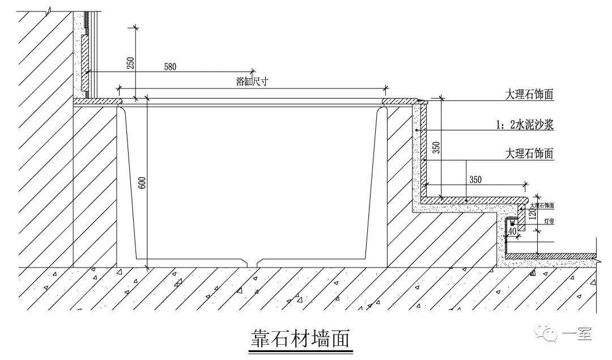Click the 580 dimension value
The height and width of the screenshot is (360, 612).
point(170,66)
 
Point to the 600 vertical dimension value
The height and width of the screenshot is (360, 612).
point(142,183)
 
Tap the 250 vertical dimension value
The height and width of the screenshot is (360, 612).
point(131,63)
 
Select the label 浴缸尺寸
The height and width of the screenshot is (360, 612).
point(251,82)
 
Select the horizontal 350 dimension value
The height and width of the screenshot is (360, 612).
point(475,179)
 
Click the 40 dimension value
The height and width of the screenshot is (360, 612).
point(512,231)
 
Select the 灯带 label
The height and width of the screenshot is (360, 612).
point(549,221)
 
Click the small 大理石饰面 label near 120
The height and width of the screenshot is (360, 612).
point(542,205)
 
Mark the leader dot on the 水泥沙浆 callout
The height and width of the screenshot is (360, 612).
point(416,130)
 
